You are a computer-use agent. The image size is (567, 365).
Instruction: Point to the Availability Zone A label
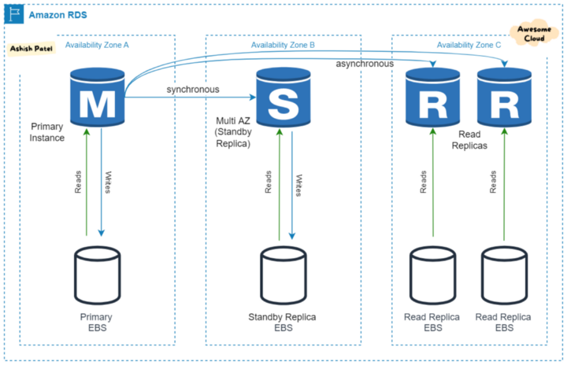coord(97,46)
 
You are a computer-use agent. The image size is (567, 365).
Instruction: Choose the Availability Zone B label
coord(283,46)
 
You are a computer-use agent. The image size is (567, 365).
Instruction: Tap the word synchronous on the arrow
coord(193,89)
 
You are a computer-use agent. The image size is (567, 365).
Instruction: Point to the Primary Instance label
coord(47,131)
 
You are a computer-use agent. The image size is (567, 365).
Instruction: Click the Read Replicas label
coord(470,140)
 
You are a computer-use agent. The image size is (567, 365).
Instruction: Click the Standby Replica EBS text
coord(283,322)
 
